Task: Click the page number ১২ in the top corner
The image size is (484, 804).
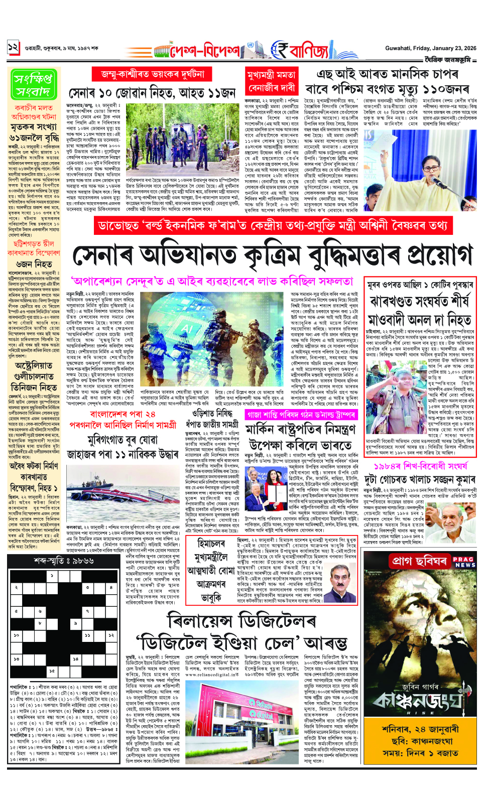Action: point(13,48)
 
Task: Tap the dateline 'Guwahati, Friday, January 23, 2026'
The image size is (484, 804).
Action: point(431,48)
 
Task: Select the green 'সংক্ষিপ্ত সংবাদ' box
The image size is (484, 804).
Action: point(33,84)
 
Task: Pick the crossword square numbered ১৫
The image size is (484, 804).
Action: point(52,670)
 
